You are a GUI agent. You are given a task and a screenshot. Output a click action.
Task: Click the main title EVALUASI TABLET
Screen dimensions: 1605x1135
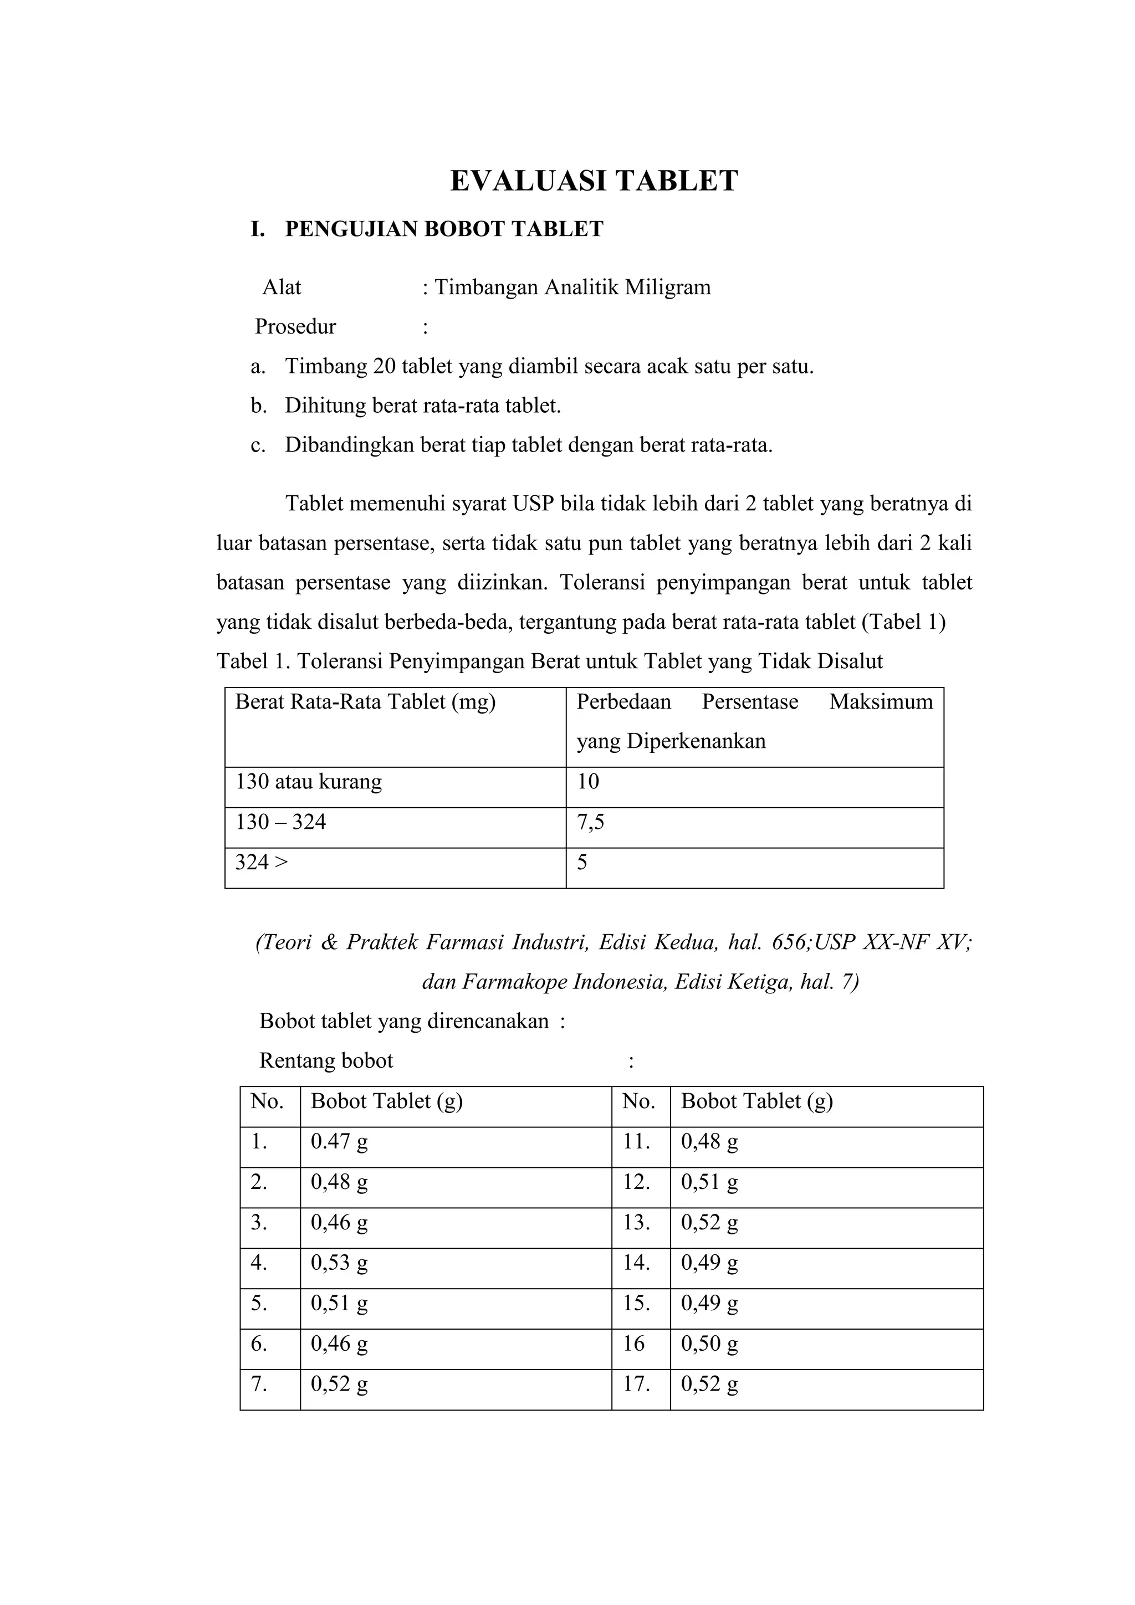coord(594,181)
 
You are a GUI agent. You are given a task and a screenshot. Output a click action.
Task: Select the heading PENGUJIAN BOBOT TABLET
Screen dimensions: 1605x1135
coord(443,229)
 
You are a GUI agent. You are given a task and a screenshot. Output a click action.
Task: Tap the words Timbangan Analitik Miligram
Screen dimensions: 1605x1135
coord(572,288)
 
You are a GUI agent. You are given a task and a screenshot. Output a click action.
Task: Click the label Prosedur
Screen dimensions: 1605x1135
coord(295,326)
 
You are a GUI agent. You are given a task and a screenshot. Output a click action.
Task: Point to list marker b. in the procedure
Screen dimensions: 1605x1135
coord(259,406)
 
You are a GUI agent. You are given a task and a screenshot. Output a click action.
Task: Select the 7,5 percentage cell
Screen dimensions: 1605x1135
coord(590,822)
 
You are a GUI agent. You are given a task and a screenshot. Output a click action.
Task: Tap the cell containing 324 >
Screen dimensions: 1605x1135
coord(261,863)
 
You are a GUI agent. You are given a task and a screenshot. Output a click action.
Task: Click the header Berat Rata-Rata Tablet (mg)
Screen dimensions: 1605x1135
coord(365,702)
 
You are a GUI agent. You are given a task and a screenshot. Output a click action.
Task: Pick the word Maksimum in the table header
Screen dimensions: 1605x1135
coord(881,702)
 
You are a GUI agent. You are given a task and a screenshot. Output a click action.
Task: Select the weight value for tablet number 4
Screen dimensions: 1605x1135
coord(339,1263)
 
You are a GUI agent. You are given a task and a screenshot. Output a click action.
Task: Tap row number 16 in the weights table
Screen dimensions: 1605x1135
coord(633,1344)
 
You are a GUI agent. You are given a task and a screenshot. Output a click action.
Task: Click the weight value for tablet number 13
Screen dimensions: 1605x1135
coord(709,1223)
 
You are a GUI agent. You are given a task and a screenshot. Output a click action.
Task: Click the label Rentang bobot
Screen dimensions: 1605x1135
coord(326,1061)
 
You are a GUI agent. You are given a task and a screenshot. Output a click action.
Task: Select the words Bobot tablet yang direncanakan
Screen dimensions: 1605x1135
coord(403,1021)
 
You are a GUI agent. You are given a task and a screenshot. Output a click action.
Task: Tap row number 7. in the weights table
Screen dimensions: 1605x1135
coord(259,1384)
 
